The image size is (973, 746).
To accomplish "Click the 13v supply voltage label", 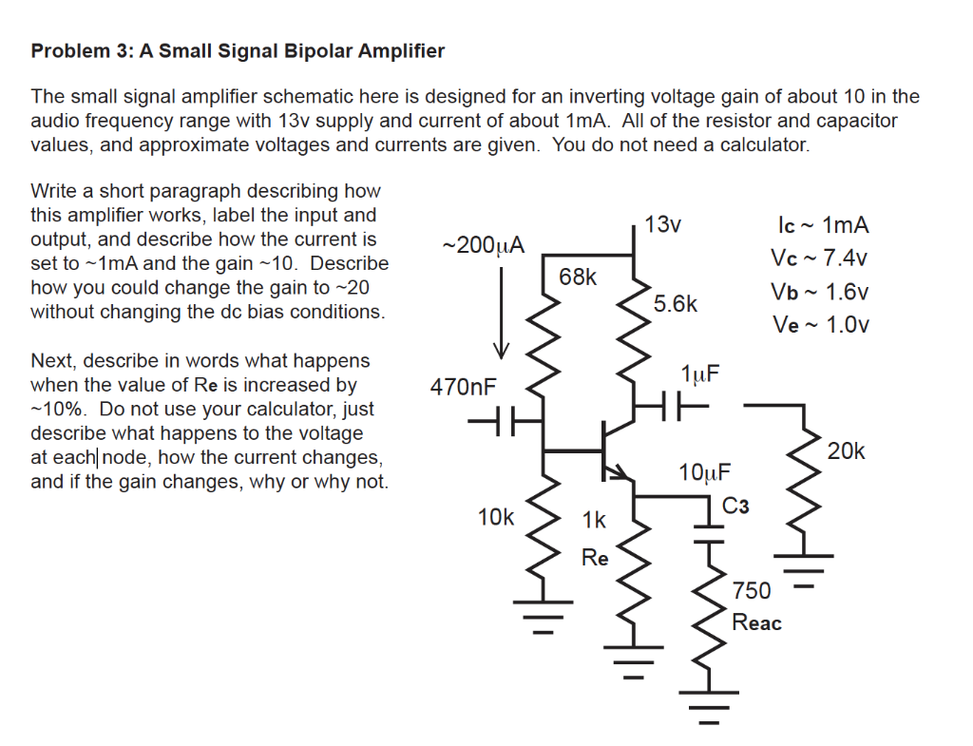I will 662,225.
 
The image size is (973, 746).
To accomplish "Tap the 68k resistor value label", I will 578,277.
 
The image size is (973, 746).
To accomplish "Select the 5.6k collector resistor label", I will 676,304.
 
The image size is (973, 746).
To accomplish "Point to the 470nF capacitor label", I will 463,388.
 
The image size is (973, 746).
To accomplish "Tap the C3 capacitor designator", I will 736,506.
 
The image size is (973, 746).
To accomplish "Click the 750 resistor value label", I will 752,591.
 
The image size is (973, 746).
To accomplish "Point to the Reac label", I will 757,622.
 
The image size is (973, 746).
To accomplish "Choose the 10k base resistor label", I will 495,518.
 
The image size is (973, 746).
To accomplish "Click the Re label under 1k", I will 595,558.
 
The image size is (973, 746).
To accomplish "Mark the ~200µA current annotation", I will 483,245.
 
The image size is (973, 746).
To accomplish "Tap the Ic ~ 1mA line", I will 823,225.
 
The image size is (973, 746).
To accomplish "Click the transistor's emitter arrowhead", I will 622,471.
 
